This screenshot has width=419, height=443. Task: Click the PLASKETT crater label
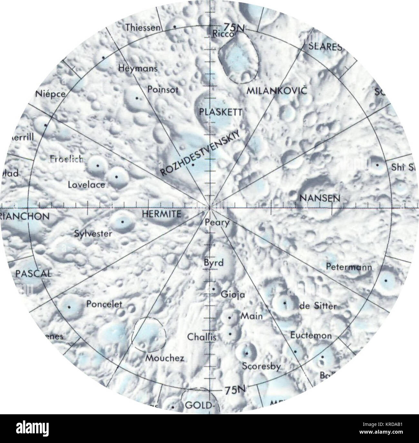pos(220,112)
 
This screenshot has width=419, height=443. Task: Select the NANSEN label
pos(319,198)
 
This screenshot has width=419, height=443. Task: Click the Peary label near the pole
pos(217,222)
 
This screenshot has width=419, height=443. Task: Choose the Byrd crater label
pos(213,263)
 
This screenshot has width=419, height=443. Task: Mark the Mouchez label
pos(165,358)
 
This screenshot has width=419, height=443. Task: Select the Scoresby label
pos(262,367)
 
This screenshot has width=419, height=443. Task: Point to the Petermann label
pos(349,267)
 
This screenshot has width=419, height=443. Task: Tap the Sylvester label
pos(93,233)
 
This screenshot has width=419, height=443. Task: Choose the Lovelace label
pos(86,185)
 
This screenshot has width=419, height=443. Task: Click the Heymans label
pos(138,68)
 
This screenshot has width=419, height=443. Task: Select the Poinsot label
pos(163,89)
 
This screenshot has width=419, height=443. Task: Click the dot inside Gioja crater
pos(214,289)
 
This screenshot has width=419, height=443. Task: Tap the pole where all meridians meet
pos(210,208)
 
